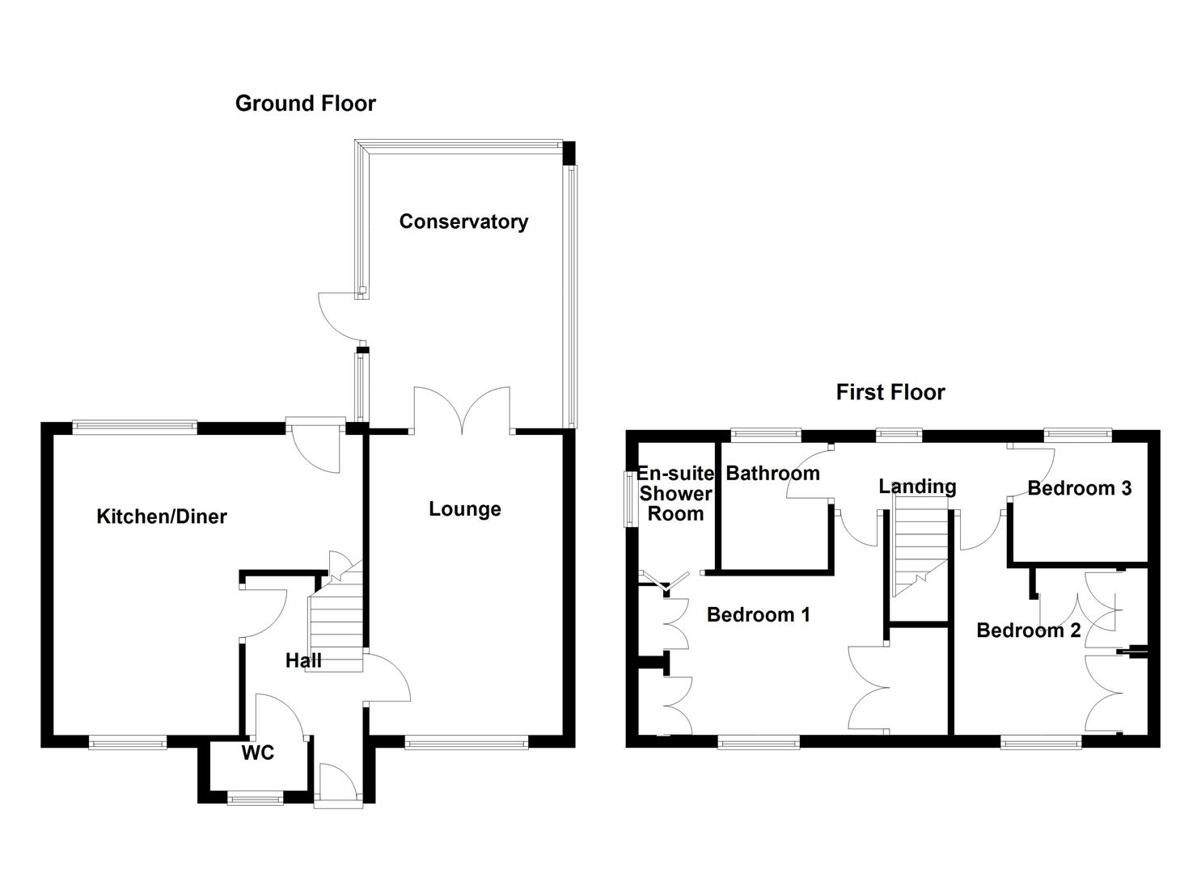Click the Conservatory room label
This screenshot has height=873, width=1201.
[x=463, y=221]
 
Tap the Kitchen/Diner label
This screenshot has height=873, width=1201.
[x=162, y=517]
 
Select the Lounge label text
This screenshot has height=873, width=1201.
[x=464, y=509]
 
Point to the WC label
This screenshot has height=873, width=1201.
[x=258, y=753]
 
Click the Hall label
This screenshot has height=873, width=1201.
[x=303, y=661]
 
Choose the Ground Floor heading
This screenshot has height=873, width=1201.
[x=305, y=103]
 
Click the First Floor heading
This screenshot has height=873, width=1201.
[x=890, y=393]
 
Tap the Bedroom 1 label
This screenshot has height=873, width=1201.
[x=758, y=615]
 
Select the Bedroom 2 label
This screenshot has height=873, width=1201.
[x=1028, y=630]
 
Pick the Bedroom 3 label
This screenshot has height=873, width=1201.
[x=1079, y=488]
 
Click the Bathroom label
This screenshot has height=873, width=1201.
[x=772, y=474]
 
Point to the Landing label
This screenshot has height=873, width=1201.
[x=917, y=487]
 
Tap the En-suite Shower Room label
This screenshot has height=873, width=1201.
[x=675, y=493]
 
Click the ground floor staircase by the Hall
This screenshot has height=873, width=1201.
[x=333, y=614]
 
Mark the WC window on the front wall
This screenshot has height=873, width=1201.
[x=256, y=799]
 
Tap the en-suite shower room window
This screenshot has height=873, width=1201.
[x=628, y=500]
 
